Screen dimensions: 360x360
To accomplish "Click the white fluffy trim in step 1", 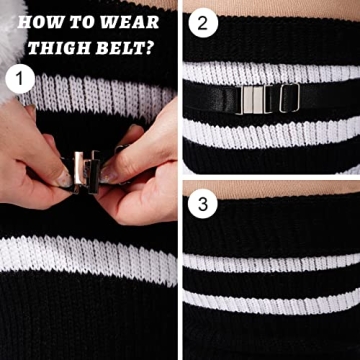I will [x=18, y=40].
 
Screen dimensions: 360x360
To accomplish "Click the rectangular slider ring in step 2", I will [x=288, y=99].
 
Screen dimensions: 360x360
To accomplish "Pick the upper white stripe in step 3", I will [x=270, y=263].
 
